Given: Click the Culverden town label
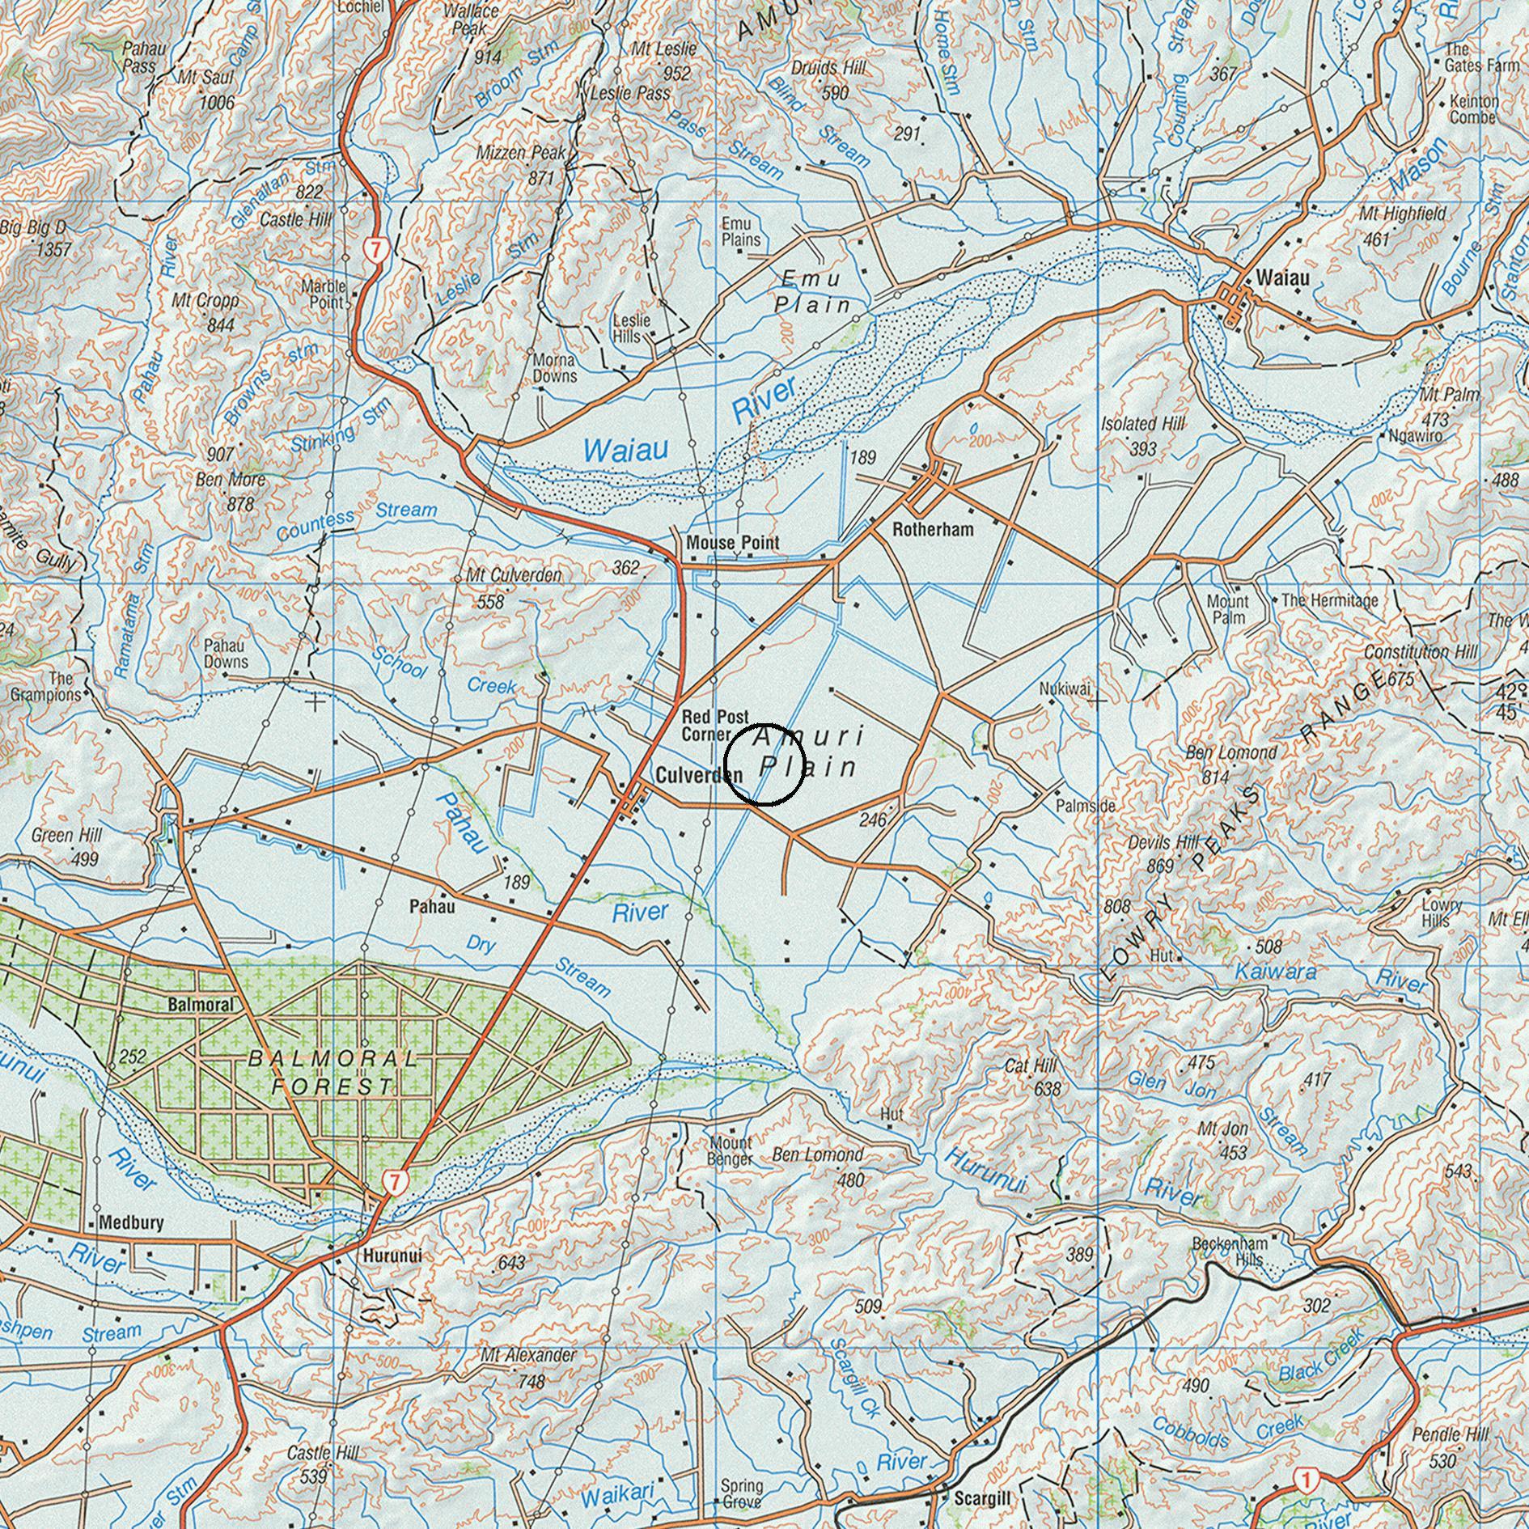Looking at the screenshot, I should [698, 775].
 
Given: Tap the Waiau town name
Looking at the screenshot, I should [1282, 278].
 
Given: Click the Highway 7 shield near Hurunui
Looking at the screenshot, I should [394, 1182].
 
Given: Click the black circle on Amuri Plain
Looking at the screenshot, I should [764, 765].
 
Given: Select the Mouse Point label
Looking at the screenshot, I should [732, 542].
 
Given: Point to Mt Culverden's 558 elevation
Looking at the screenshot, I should [491, 602].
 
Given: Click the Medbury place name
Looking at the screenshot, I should [130, 1223].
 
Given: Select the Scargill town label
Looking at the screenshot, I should [982, 1499].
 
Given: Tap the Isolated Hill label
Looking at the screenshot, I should [1142, 424].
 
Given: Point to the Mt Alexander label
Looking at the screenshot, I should [528, 1354].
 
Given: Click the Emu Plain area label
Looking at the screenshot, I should [812, 291].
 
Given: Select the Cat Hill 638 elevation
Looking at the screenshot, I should [1047, 1090].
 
